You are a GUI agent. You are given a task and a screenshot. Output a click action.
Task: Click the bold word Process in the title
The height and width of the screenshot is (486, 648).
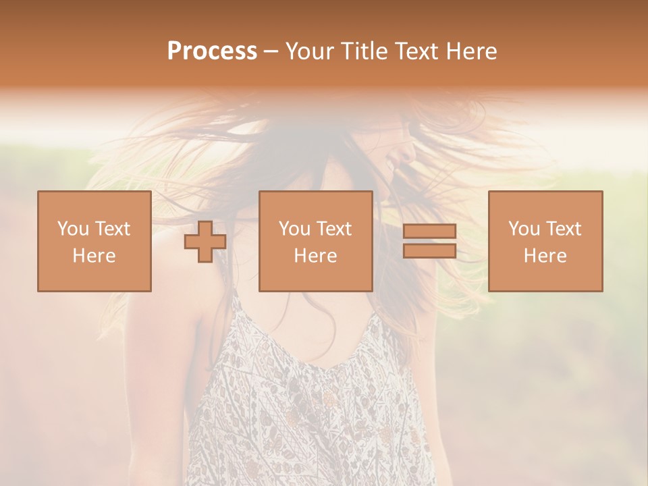coord(212,51)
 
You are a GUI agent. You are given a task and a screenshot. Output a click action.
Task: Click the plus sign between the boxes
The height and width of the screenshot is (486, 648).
coord(205,242)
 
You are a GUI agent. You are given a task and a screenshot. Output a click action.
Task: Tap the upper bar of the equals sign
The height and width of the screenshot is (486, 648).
coord(429,232)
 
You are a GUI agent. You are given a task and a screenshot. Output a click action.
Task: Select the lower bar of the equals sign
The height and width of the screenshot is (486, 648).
coord(429,251)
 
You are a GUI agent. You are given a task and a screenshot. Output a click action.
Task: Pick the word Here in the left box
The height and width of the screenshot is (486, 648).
coord(94,256)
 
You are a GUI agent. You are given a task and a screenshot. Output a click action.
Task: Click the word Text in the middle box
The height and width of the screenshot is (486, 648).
coord(334,229)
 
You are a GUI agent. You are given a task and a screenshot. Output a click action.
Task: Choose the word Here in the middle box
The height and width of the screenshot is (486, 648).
coord(315,256)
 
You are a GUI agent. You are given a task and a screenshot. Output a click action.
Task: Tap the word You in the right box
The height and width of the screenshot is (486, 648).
coord(524,229)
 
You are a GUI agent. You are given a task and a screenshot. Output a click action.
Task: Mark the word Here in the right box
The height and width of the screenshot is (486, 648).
coord(545,256)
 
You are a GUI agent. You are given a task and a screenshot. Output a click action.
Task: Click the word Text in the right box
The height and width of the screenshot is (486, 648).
coord(564,229)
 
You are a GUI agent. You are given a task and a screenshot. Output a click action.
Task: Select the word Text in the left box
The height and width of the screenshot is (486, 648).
coord(113,229)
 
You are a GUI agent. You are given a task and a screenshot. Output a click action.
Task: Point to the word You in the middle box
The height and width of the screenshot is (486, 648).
coord(295,229)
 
